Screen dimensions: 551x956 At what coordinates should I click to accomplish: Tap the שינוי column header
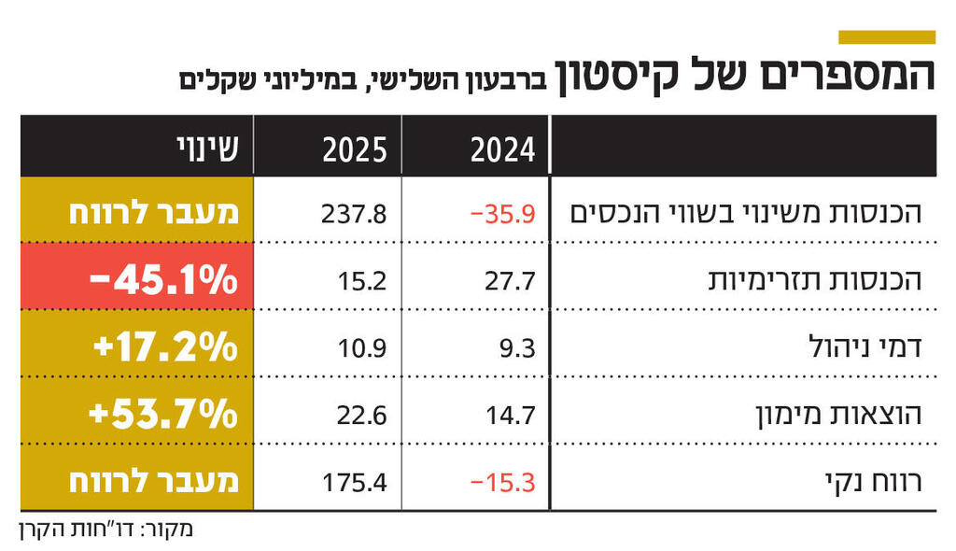206,148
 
